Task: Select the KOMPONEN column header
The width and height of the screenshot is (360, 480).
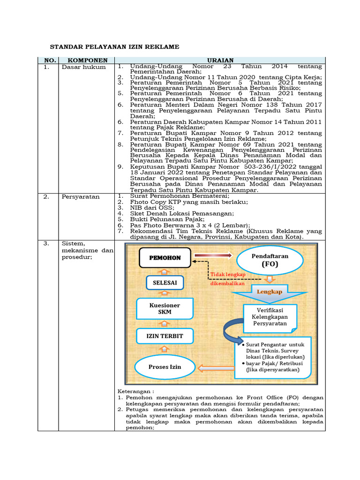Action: pos(88,60)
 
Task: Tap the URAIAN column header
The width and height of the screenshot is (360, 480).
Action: pos(220,60)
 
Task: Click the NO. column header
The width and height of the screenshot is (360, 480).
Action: pos(50,60)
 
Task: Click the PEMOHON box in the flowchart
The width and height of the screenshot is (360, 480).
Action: pos(165,258)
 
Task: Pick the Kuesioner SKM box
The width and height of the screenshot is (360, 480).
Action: pos(165,308)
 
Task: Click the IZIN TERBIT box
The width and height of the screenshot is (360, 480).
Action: pos(165,336)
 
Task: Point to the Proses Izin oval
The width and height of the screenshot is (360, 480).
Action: pos(165,366)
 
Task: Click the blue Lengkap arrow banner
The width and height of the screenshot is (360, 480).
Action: pos(269,292)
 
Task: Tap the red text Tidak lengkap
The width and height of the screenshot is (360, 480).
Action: pos(224,274)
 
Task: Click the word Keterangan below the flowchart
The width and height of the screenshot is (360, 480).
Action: pos(135,390)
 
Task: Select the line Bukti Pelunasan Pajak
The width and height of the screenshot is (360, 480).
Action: pos(161,219)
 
